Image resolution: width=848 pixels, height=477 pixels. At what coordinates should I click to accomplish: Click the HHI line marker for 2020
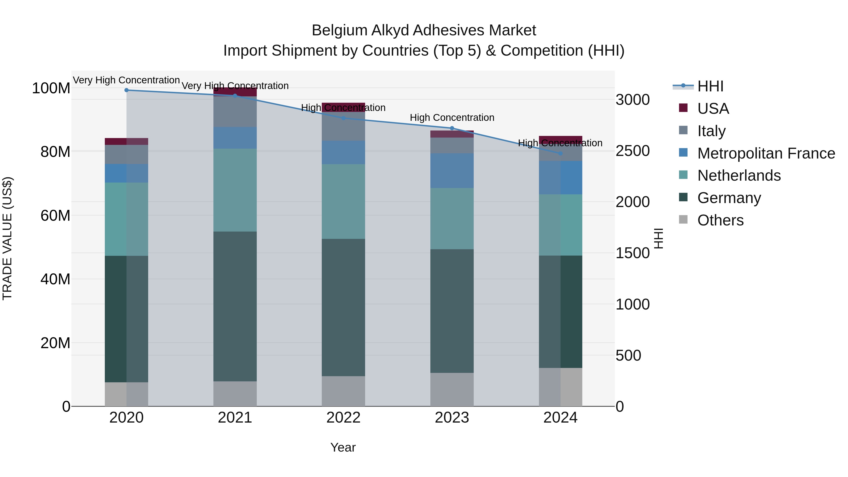(126, 90)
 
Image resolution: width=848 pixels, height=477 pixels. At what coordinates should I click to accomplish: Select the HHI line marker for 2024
(560, 153)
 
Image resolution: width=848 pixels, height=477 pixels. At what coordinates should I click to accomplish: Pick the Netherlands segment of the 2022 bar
(343, 201)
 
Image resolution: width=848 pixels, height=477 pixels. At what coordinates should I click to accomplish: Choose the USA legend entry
(713, 109)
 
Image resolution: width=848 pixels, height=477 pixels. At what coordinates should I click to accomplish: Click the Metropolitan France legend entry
(766, 153)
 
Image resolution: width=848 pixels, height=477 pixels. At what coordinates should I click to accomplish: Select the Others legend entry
(720, 220)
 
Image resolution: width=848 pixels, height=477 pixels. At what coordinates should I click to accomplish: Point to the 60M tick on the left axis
(55, 216)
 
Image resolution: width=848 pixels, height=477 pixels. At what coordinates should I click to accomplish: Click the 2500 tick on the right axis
(632, 151)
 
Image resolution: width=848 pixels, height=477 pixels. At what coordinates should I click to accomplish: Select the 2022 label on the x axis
(343, 418)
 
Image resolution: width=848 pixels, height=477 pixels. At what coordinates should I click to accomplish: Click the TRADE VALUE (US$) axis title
(7, 238)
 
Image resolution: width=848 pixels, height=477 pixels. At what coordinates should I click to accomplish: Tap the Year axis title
(343, 447)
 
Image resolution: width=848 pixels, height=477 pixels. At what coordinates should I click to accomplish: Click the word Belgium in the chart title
(339, 30)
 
